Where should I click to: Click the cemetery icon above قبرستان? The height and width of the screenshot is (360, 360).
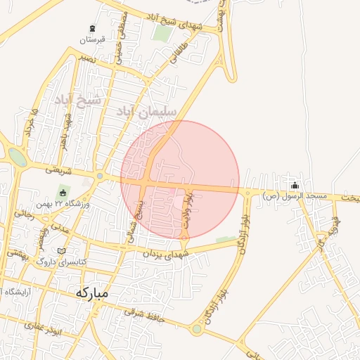point(92,28)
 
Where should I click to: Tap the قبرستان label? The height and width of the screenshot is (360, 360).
point(92,39)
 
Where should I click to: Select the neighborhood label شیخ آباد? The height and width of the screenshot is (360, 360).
point(77,100)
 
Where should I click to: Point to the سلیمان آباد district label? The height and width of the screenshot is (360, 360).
point(144,110)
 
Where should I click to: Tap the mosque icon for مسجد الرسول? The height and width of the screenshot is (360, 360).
point(294,184)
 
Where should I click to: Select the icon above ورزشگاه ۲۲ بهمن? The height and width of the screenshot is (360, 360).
point(63,193)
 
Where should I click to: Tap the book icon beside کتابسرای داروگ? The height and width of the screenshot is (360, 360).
point(62,251)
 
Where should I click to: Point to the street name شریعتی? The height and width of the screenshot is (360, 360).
point(59,169)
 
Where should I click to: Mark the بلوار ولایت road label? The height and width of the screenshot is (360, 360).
point(187,210)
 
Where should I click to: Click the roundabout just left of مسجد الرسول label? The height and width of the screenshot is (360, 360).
point(247,192)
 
